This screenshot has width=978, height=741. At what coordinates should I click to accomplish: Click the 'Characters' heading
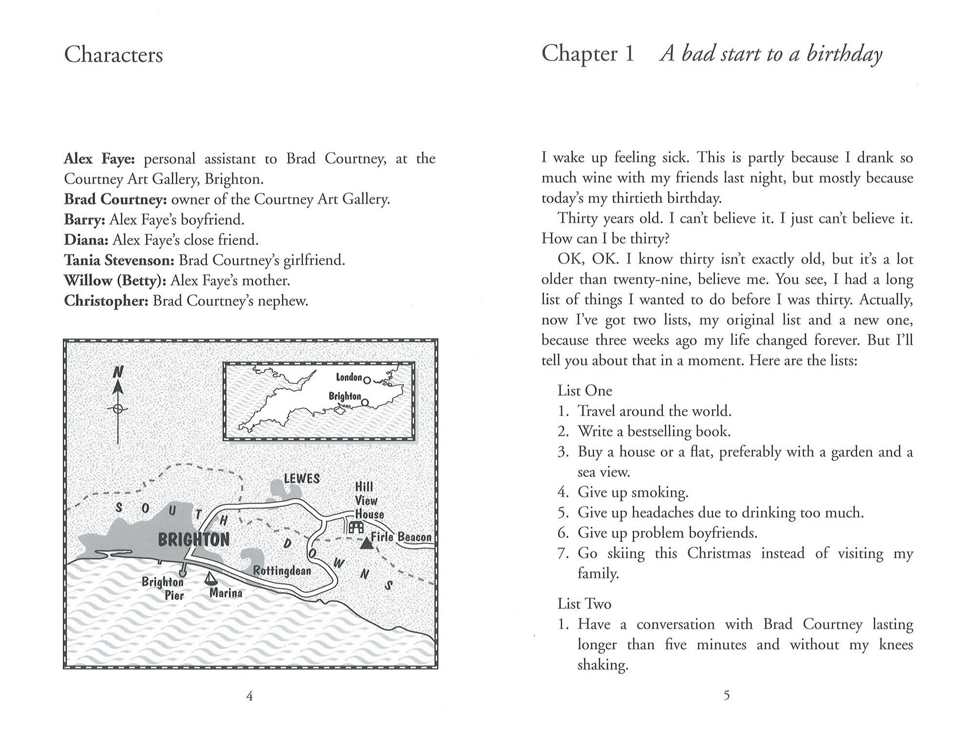click(x=113, y=55)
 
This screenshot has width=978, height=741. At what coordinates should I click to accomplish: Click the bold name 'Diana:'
click(x=86, y=240)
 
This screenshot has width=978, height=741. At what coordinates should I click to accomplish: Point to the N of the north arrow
click(x=118, y=372)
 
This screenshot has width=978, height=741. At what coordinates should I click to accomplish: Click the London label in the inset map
click(x=349, y=377)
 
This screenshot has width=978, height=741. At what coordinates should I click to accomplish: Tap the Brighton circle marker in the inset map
click(x=365, y=403)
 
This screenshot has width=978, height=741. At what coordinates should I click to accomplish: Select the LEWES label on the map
click(x=301, y=478)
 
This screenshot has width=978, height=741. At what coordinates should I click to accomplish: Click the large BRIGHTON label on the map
click(x=193, y=540)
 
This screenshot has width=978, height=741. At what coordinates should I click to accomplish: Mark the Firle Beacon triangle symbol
click(x=366, y=543)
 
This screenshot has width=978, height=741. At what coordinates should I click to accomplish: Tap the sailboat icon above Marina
click(x=210, y=578)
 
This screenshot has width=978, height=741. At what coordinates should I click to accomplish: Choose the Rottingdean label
click(x=282, y=570)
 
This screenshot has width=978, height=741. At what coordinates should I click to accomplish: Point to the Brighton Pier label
click(x=163, y=588)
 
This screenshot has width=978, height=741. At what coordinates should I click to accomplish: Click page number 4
click(x=249, y=696)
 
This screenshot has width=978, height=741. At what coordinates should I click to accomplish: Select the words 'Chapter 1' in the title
click(x=588, y=54)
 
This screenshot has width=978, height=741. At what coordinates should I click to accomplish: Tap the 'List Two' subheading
click(x=584, y=604)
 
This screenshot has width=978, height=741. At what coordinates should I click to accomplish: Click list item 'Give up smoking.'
click(x=633, y=493)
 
